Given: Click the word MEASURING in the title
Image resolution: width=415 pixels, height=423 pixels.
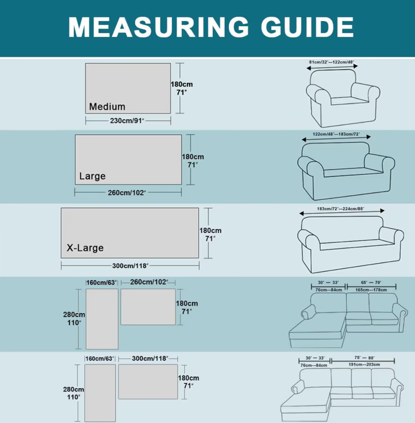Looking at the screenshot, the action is coord(158,27).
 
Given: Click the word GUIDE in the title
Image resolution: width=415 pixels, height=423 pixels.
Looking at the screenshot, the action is coord(307,27).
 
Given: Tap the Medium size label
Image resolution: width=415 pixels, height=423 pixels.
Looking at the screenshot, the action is coord(107,107).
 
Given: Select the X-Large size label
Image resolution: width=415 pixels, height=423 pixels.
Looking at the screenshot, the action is coord(85,248).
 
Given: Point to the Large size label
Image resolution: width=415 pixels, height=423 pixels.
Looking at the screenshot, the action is coord(92,176).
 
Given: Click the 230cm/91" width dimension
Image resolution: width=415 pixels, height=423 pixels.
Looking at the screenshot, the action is coord(127,121).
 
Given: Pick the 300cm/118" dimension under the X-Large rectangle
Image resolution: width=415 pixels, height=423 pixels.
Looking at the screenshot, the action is coord(130,266).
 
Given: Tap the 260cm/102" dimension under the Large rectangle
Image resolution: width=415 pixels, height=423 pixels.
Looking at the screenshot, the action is coord(127,193).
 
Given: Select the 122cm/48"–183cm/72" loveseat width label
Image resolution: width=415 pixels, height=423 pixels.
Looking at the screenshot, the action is coord(336,134).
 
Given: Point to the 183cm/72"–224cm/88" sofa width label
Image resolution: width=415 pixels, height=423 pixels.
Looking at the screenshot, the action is coord(340,209).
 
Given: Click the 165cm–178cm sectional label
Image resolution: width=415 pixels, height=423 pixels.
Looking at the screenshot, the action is coord(371,290).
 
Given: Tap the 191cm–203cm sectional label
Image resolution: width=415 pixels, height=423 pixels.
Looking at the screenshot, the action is coord(364,365).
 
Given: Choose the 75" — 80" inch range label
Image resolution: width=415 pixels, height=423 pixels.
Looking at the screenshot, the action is coord(364,358).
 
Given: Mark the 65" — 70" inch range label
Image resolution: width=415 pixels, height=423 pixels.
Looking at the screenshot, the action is coord(371,283).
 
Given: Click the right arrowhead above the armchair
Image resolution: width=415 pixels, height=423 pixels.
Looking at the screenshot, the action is coord(356,66).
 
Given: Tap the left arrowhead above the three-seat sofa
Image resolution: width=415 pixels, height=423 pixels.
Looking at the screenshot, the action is coord(302,213).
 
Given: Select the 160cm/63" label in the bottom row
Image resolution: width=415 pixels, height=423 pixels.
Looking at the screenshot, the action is coord(100,359).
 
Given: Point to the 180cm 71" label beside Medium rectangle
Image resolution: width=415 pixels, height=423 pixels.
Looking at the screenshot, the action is coord(182,88).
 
